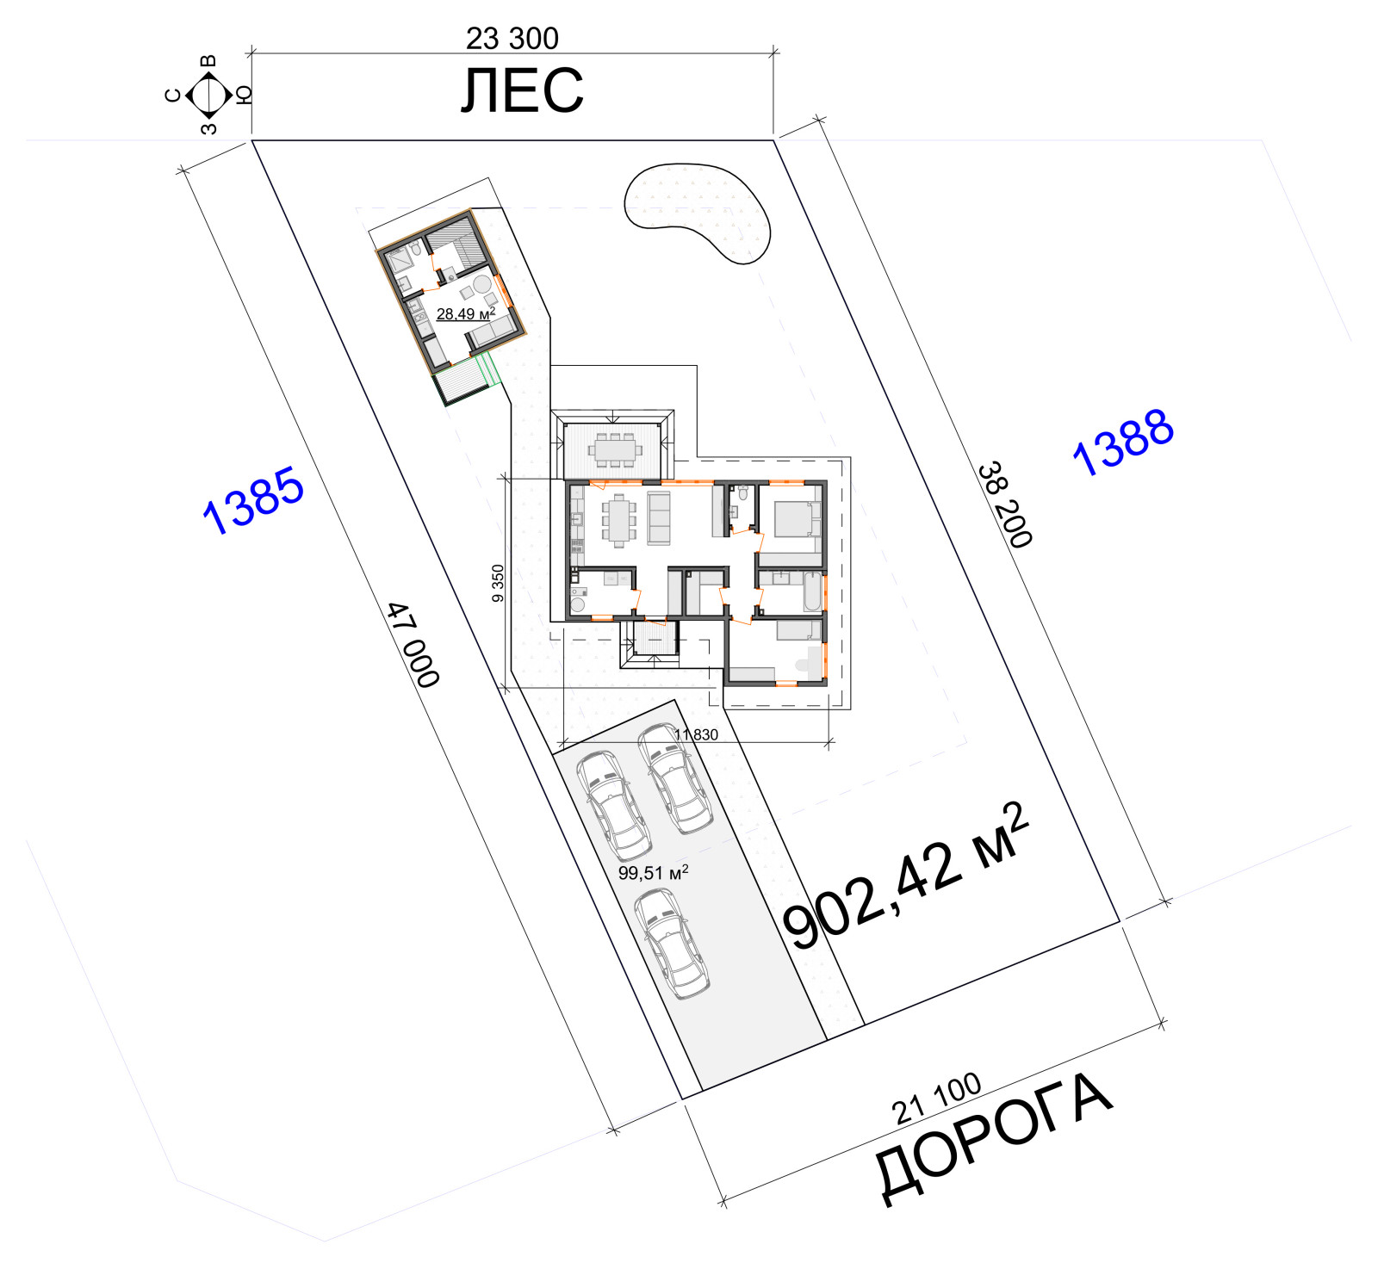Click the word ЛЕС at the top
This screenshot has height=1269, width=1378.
point(522,90)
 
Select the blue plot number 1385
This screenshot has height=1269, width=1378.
point(253,500)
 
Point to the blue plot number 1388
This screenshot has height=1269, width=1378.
point(1124,442)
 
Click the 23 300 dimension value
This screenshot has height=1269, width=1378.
point(512,38)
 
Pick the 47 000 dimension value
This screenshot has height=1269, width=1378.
point(413,645)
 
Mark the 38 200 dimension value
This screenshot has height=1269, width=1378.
point(1004,505)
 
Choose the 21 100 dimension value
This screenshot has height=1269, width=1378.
point(937,1098)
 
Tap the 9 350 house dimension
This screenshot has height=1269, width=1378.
point(498,584)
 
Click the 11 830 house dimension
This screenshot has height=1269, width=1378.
point(696,734)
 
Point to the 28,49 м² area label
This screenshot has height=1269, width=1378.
point(465,314)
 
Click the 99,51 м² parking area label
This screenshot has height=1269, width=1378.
point(653,873)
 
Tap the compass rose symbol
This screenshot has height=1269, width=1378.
point(208,95)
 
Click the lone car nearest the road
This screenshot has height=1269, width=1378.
point(672,943)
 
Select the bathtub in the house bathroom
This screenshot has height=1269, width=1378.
point(812,591)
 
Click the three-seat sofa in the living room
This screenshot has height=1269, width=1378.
point(659,518)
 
